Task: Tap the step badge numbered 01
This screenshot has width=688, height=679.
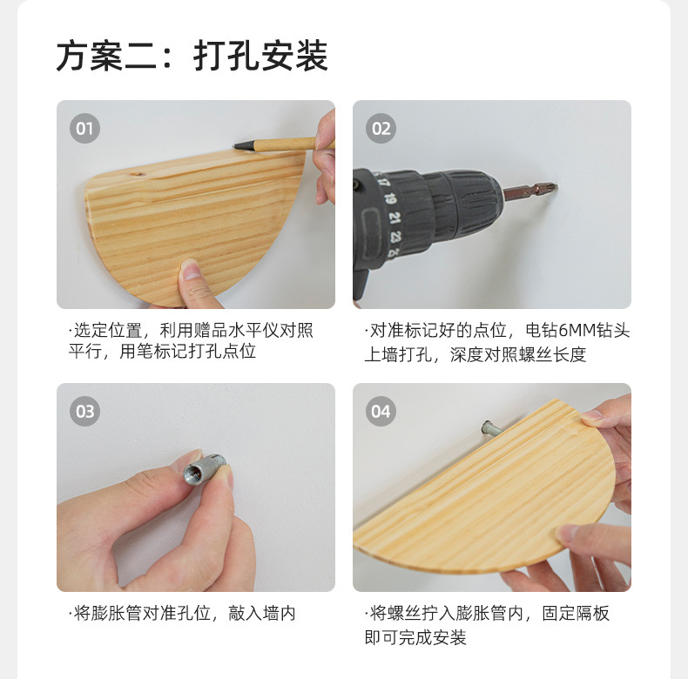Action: (84, 130)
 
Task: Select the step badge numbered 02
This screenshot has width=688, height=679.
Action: (381, 130)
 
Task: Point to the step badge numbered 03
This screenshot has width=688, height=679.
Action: (84, 411)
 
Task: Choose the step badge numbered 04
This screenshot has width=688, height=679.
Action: (381, 411)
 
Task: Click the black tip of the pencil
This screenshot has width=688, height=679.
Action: (240, 145)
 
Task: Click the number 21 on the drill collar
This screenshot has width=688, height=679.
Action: (394, 218)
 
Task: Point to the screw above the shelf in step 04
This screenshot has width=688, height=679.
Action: (489, 427)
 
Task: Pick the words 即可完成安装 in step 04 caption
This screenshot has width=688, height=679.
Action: (415, 637)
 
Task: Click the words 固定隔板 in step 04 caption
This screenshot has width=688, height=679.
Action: (576, 614)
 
